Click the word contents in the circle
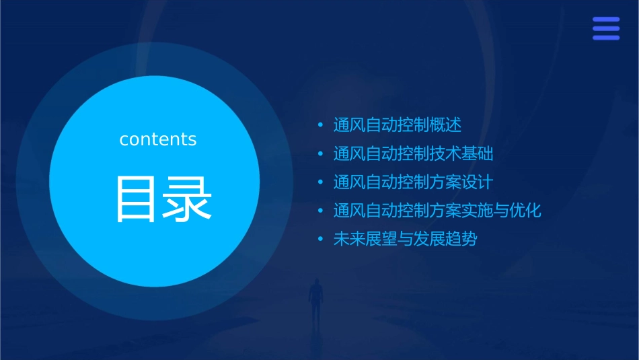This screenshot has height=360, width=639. [157, 139]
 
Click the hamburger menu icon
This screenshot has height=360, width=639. [605, 29]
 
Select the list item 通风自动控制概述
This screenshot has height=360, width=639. [398, 125]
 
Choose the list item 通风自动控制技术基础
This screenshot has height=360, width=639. [413, 154]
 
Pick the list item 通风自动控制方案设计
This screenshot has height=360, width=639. [413, 182]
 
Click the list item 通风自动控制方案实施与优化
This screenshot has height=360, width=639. [437, 211]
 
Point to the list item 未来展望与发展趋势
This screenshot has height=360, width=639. [405, 239]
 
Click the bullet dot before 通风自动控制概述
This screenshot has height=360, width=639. [321, 125]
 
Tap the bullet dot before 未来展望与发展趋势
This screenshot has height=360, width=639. [321, 239]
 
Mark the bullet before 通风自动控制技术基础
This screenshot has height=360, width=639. [321, 154]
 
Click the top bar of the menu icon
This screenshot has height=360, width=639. [605, 20]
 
